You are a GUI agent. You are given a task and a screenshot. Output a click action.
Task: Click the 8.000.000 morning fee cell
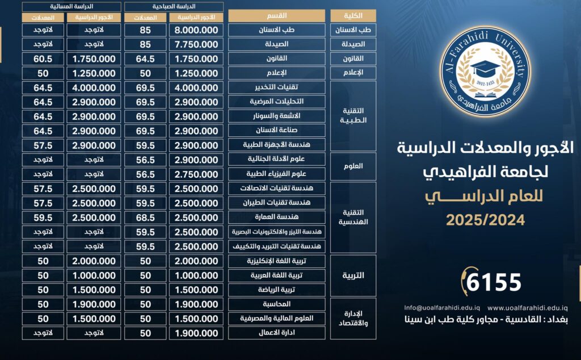pyautogui.click(x=196, y=30)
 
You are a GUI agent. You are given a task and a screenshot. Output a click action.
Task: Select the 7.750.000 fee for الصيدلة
pyautogui.click(x=196, y=44)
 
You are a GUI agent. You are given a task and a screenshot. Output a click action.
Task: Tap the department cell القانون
pyautogui.click(x=276, y=58)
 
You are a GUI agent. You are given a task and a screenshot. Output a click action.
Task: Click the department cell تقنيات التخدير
pyautogui.click(x=276, y=87)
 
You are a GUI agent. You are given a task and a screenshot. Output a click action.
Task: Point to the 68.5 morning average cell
pyautogui.click(x=145, y=217)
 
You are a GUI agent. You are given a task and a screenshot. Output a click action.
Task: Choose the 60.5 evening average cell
pyautogui.click(x=43, y=58)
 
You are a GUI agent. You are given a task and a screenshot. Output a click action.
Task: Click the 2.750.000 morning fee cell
pyautogui.click(x=196, y=174)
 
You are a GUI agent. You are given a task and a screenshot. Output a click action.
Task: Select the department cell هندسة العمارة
pyautogui.click(x=276, y=217)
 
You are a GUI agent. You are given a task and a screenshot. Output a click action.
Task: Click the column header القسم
pyautogui.click(x=276, y=15)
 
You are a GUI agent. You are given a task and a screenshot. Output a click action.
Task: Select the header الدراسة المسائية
pyautogui.click(x=70, y=6)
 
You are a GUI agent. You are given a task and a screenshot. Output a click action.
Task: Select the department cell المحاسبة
pyautogui.click(x=276, y=304)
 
